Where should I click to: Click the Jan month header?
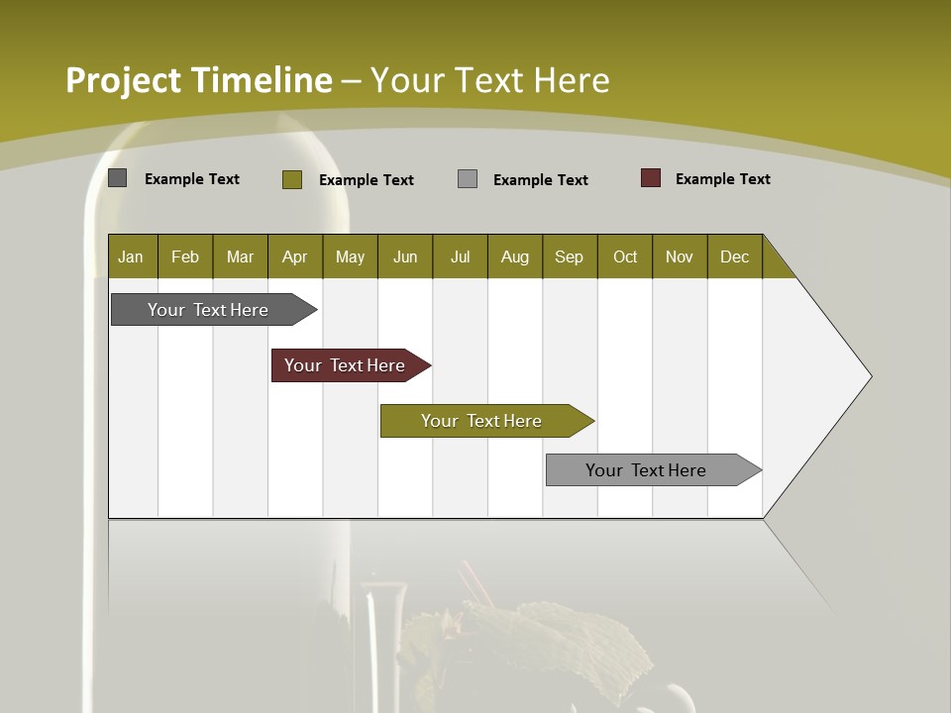tap(131, 256)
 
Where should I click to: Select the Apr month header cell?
tap(294, 256)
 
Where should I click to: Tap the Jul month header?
tap(460, 256)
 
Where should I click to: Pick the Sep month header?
tap(569, 256)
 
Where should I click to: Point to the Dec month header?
tap(734, 256)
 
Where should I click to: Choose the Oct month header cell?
tap(625, 256)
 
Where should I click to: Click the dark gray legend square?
tap(118, 178)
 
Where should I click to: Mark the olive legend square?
tap(292, 179)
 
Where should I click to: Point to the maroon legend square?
tap(651, 178)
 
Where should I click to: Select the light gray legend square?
tap(468, 179)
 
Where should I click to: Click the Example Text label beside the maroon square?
tap(722, 179)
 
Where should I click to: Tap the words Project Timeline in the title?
tap(198, 80)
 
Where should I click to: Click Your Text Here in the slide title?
tap(489, 80)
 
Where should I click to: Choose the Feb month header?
tap(185, 256)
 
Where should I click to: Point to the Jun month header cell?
tap(405, 256)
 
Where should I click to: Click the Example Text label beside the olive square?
tap(366, 180)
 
